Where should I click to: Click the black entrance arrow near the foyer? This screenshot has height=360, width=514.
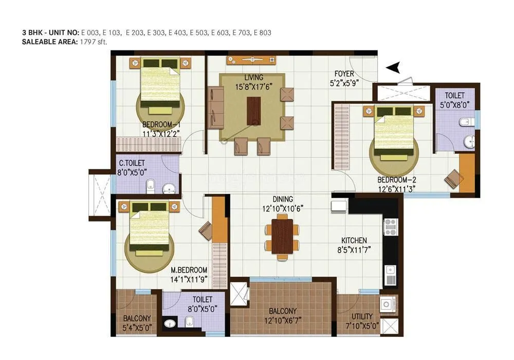[393, 67]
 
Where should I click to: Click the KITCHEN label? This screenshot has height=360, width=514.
[355, 240]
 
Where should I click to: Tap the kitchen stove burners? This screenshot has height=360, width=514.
[390, 225]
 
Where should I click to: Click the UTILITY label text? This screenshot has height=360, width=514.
[362, 317]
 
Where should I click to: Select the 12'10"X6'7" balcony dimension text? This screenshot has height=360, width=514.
[282, 320]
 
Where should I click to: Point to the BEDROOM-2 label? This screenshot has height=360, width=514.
[396, 180]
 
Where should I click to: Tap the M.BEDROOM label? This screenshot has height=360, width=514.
[189, 270]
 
